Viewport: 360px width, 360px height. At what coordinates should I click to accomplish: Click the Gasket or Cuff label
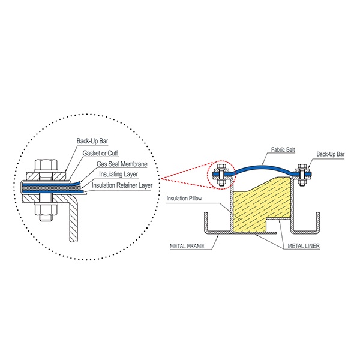pos(100,153)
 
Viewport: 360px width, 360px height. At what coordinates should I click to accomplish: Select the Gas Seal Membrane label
pos(122,164)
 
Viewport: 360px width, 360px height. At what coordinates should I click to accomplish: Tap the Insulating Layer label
pos(118,174)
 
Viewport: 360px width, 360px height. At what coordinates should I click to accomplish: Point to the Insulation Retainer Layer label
pos(122,185)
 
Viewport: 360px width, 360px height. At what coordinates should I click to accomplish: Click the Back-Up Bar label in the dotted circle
pos(92,141)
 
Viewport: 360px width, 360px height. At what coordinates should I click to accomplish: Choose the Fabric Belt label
pos(283,149)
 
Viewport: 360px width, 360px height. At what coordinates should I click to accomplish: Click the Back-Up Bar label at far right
pos(331,154)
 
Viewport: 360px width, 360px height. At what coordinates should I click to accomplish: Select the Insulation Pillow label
pos(184,199)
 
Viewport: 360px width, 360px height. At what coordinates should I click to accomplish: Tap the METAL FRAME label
pos(187,246)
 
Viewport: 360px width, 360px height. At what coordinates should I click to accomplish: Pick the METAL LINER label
pos(304,246)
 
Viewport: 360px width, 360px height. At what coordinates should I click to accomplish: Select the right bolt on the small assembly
pos(302,175)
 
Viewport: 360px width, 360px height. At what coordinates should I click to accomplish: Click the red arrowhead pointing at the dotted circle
pos(163,179)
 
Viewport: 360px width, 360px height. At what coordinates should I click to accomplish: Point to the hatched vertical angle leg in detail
pos(74,218)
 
